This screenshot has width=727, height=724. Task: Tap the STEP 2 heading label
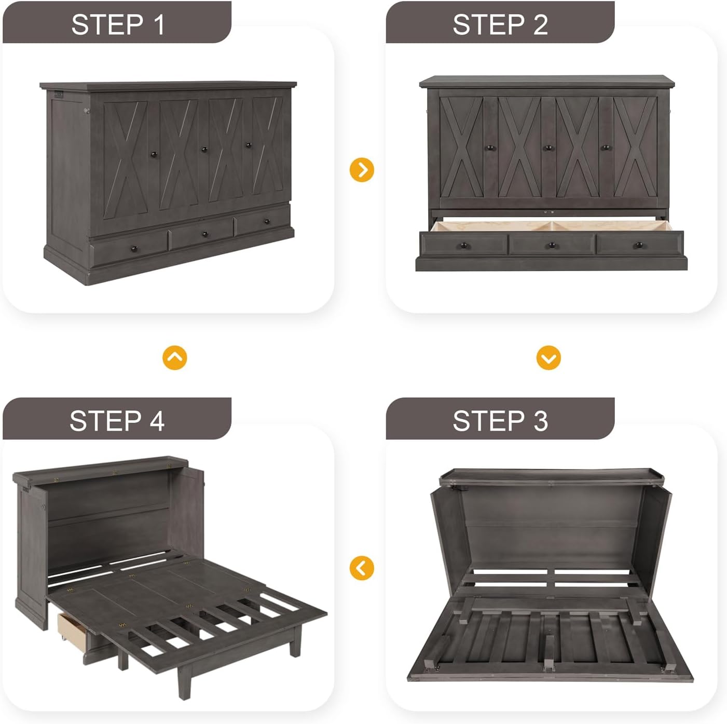click(500, 24)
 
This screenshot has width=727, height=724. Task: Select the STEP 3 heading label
click(500, 420)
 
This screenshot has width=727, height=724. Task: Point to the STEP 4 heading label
click(117, 420)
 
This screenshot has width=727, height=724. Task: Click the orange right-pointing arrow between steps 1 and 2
click(362, 170)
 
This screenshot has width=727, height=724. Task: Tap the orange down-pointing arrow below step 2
click(548, 358)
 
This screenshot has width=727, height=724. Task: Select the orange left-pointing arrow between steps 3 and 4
click(362, 568)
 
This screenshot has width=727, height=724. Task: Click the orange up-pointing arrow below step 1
click(175, 358)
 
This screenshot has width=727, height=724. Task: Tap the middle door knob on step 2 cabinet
click(548, 148)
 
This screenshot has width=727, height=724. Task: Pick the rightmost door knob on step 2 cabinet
click(606, 148)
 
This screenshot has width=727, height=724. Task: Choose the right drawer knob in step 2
click(639, 245)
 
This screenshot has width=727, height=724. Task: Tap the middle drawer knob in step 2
click(551, 245)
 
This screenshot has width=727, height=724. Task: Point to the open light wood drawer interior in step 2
click(550, 226)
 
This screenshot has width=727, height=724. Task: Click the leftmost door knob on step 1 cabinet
click(154, 155)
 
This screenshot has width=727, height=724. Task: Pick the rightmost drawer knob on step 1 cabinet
click(267, 222)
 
